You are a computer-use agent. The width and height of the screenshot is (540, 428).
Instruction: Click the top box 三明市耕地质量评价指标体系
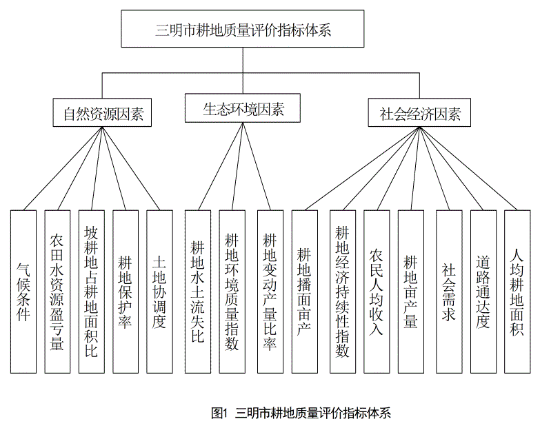[243, 28]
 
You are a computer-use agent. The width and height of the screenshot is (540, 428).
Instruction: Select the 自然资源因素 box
[102, 112]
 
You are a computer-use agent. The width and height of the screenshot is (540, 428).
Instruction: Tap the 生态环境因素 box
[243, 108]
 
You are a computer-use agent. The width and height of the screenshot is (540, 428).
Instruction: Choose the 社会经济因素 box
[419, 112]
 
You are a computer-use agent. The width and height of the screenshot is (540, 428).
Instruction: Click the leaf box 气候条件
[23, 292]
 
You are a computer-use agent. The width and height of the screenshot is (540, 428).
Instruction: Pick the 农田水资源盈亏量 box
[57, 292]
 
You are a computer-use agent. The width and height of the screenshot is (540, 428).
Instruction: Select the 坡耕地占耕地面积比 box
[91, 292]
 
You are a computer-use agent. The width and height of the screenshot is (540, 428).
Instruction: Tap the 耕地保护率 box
[126, 292]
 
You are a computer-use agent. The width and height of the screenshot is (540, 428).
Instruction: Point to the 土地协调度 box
[159, 292]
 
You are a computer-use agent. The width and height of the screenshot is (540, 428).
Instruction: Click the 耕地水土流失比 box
[198, 292]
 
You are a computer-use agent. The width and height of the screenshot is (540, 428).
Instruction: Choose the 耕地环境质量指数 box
[232, 292]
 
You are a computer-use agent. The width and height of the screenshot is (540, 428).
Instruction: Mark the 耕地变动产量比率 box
[270, 292]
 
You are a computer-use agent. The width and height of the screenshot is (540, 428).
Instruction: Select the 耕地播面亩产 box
[304, 292]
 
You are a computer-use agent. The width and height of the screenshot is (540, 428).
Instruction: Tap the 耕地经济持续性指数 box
[343, 292]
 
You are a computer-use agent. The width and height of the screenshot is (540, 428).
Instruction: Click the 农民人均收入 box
[377, 292]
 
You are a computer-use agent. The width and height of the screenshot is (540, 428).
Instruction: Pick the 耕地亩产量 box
[411, 292]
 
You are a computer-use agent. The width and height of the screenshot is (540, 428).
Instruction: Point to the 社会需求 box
[449, 292]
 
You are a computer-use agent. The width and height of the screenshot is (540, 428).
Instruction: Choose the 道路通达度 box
[483, 292]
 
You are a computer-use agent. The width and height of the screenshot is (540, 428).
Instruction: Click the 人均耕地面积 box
[517, 292]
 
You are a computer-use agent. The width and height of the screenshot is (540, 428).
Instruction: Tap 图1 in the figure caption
[219, 413]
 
